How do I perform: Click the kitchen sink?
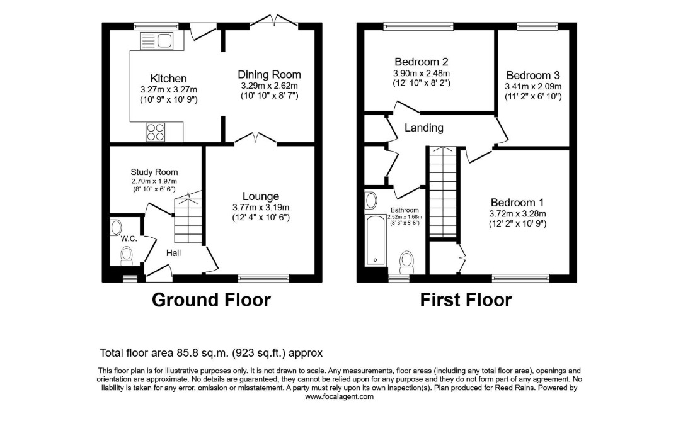point(156,42)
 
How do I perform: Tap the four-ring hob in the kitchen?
point(156,132)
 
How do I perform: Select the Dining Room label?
point(269,74)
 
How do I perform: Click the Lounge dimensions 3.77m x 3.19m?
point(261,207)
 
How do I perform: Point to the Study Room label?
point(154,172)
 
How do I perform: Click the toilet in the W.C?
point(127,256)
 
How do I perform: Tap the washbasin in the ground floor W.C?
point(116,227)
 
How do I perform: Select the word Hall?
point(173,253)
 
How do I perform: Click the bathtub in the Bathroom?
point(375,240)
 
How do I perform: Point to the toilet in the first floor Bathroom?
point(406,262)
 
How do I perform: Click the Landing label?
point(423,128)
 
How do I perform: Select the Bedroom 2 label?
point(421,62)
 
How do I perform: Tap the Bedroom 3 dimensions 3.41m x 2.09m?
point(533,87)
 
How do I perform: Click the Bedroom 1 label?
point(517,203)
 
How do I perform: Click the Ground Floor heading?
point(211,300)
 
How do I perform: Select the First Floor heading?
point(466,300)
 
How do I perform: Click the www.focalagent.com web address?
point(339,396)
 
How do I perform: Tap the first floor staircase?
point(443,192)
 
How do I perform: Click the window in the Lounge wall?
point(263,279)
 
